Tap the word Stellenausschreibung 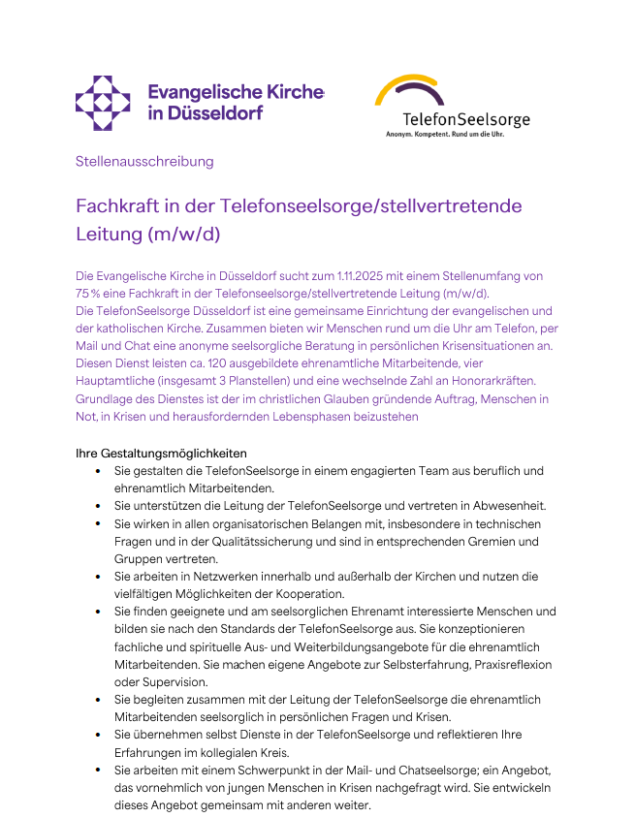click(144, 161)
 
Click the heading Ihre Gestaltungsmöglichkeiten click(161, 453)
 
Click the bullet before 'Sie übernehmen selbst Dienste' click(99, 735)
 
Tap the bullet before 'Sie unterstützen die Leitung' click(99, 506)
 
